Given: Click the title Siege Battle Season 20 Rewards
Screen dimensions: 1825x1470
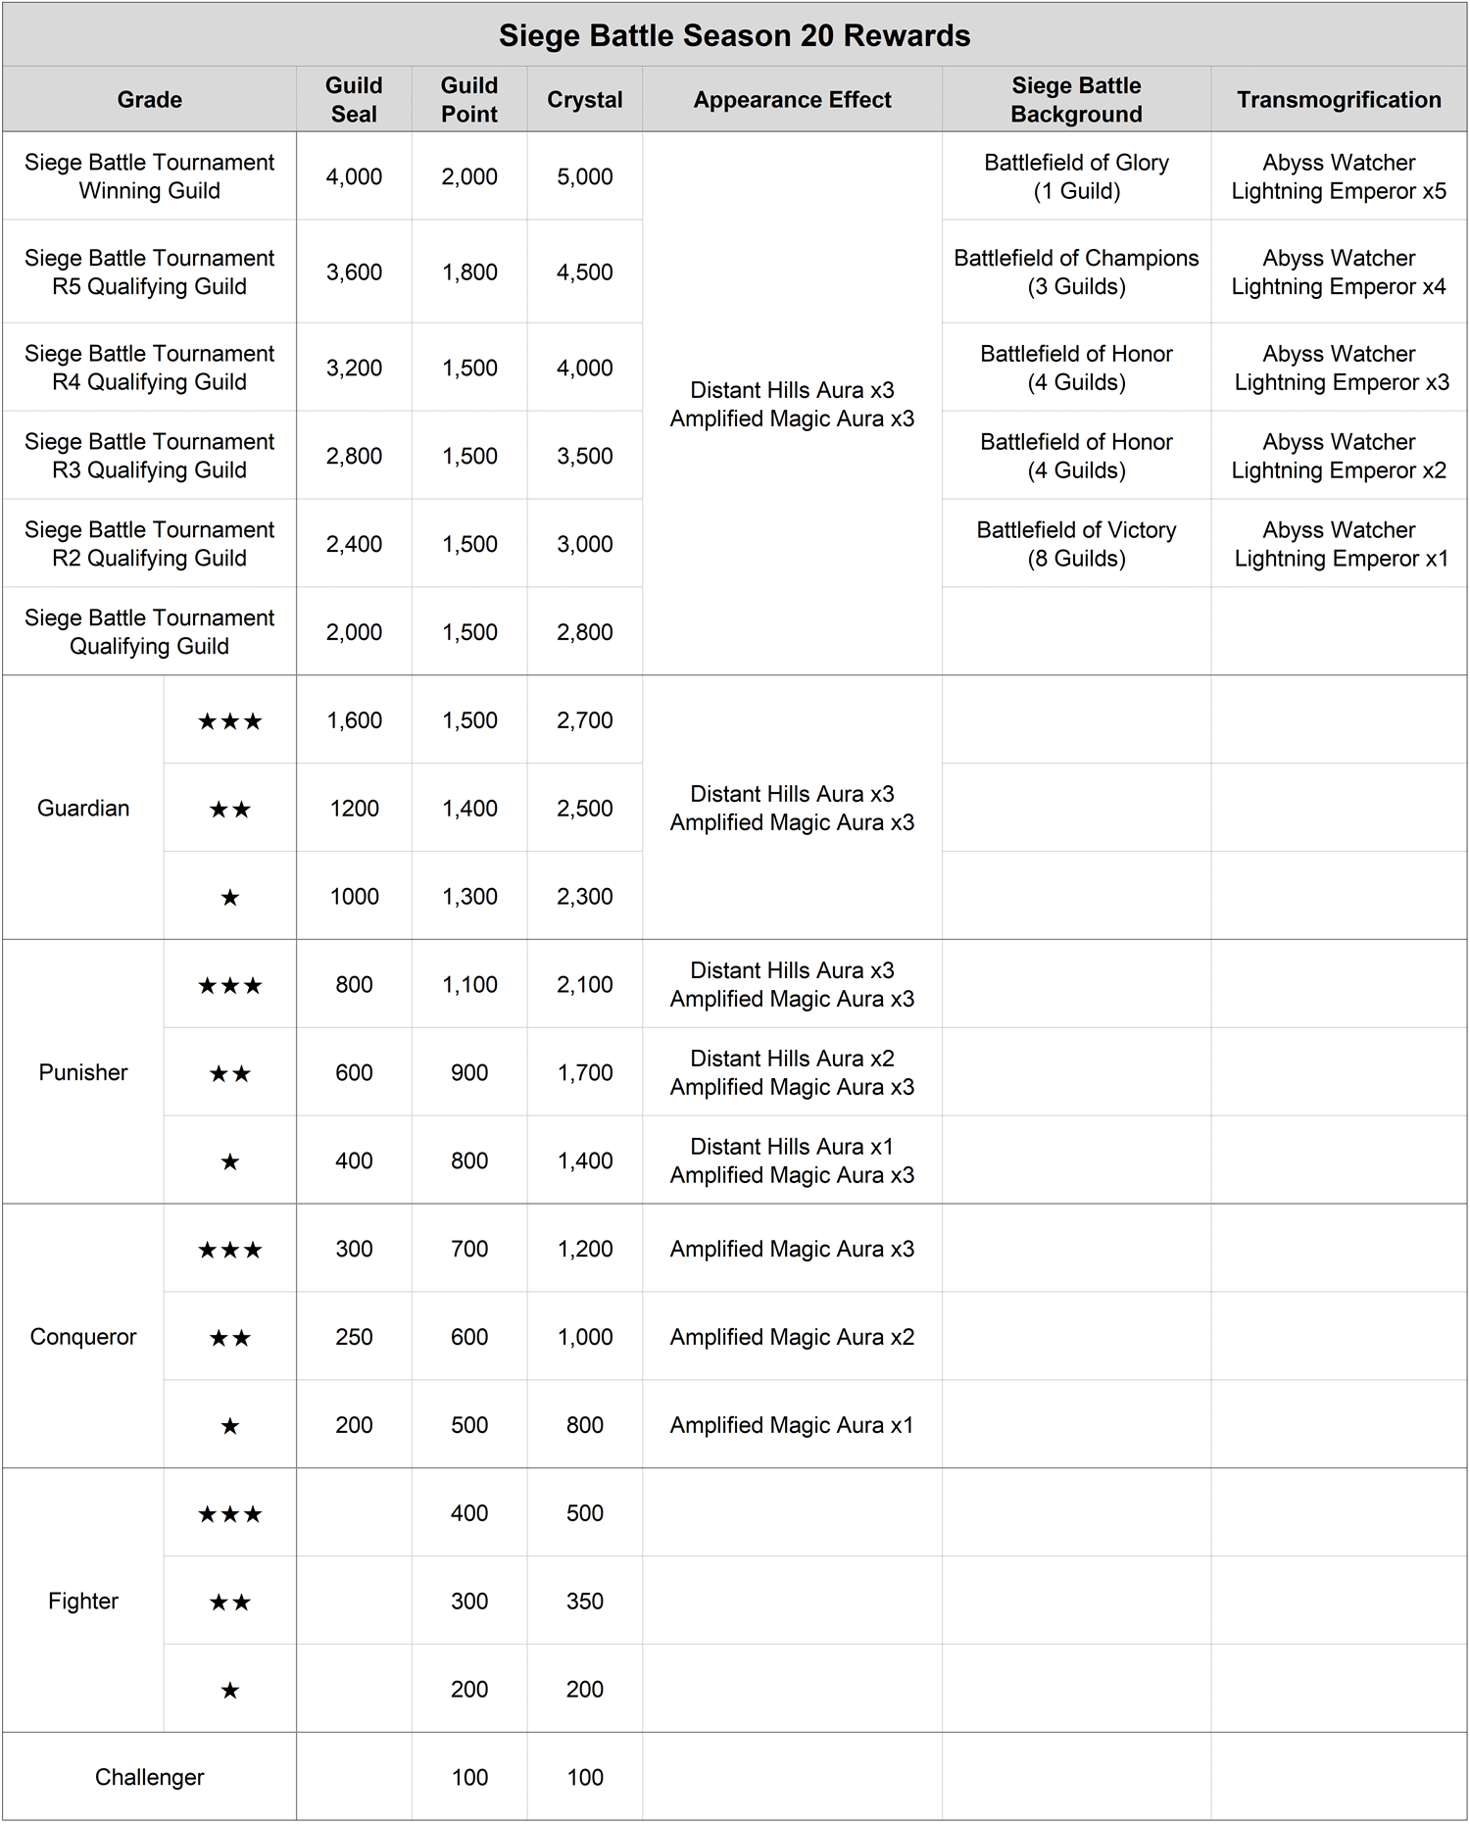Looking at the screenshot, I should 734,36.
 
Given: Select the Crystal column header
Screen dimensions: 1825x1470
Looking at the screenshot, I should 584,100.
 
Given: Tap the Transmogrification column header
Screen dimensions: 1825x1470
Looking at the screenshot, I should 1339,100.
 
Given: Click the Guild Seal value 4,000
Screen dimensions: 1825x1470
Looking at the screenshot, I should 354,177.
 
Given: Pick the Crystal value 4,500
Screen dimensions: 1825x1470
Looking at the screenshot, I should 584,272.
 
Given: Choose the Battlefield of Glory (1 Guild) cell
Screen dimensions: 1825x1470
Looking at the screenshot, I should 1076,177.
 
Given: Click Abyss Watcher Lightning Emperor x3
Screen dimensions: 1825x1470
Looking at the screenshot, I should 1339,369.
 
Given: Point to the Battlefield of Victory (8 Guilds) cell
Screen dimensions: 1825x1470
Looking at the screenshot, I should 1076,544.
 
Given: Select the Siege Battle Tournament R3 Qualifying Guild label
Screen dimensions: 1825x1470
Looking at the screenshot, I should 149,456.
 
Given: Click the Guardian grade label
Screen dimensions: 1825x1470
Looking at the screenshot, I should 83,809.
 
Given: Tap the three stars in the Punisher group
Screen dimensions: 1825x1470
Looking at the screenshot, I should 230,986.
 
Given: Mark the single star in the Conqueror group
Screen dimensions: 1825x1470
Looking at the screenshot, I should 230,1426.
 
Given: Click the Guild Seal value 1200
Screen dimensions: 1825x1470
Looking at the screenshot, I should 354,809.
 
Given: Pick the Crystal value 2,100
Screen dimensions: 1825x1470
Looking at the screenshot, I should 584,985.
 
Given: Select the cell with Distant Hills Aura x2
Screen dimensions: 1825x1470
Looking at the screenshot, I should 792,1073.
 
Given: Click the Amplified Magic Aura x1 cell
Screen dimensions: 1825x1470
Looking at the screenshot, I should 792,1426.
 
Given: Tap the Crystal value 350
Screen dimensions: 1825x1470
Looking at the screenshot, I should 584,1602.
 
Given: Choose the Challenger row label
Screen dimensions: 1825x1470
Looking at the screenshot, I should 149,1778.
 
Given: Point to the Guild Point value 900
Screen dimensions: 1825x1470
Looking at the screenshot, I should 469,1073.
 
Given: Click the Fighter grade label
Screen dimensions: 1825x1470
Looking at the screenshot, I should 83,1602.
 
